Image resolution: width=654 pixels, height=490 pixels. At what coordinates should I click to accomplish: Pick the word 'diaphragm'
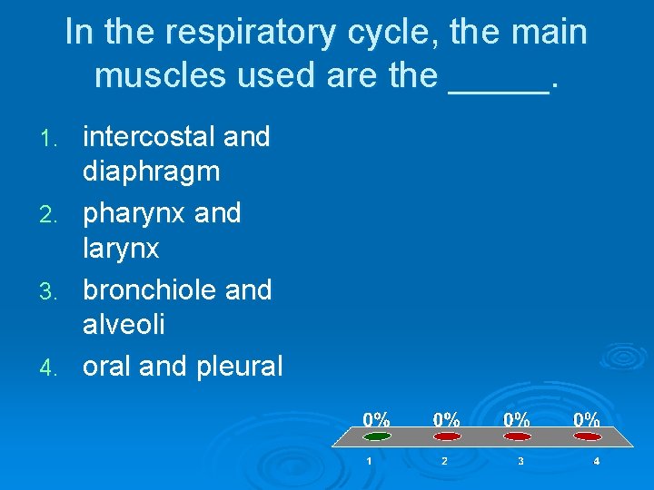(151, 171)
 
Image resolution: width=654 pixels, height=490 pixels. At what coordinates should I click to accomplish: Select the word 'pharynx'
(134, 214)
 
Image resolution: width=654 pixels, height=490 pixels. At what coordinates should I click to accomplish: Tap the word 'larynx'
(121, 248)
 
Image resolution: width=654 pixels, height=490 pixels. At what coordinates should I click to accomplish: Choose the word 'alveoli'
(124, 324)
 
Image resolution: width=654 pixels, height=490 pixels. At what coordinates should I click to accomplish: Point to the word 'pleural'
(239, 367)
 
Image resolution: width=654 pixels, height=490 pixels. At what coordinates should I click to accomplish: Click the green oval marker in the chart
(377, 436)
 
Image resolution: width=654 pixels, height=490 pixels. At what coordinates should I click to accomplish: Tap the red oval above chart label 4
(587, 436)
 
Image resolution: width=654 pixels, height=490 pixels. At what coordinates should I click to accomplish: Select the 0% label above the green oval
(377, 419)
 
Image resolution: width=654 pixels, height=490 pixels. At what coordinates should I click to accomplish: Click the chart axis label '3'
(520, 462)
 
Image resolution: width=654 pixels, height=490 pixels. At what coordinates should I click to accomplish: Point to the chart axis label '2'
(445, 462)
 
